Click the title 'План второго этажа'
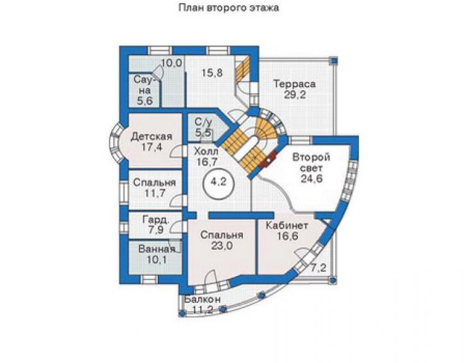[228, 8]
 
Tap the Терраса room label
[295, 84]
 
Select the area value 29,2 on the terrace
[295, 95]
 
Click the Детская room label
[151, 136]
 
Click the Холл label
[206, 151]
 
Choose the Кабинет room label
[287, 225]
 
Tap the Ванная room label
[157, 249]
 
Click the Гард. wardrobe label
[157, 220]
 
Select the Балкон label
[203, 299]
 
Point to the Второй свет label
[311, 162]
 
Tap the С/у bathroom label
[203, 122]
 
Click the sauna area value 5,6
[145, 101]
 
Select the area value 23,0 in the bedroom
[222, 246]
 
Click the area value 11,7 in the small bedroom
[155, 193]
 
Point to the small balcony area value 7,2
[319, 268]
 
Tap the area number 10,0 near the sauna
[172, 63]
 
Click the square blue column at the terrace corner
[334, 61]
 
